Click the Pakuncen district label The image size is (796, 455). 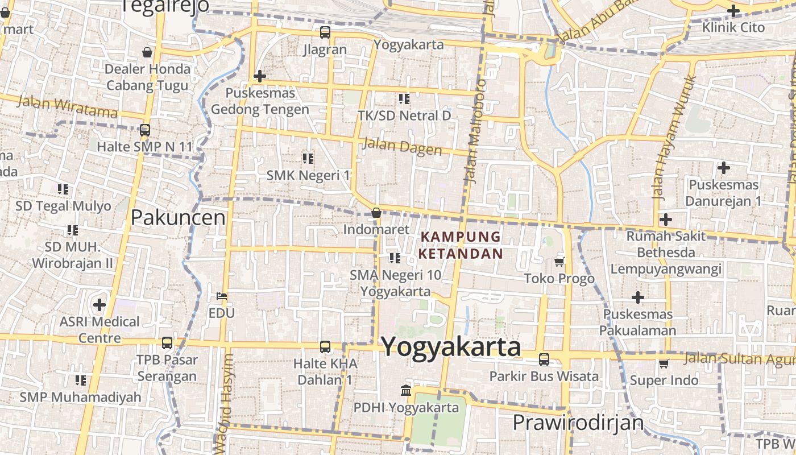coord(178,217)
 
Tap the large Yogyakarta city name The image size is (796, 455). coord(450,346)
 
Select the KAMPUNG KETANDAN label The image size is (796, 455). coord(461,245)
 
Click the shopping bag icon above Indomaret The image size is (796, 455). coord(376,213)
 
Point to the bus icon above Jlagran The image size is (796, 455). coord(325,32)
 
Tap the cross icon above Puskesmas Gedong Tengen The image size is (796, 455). coord(260,76)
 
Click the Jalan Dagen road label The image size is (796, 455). coord(402,146)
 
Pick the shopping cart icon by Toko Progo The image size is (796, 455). coord(559,262)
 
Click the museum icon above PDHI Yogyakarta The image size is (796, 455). coord(406,391)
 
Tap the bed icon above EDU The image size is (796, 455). coord(222,296)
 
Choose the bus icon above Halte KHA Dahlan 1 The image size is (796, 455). coord(325,346)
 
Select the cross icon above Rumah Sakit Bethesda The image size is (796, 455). coord(665,220)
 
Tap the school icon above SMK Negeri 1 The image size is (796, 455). coord(308,158)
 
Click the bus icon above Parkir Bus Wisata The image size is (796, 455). coord(544,359)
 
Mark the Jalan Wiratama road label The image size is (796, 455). coord(67,107)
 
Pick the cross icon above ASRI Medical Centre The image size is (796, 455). coord(100,305)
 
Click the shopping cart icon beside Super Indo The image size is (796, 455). coord(664,364)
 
